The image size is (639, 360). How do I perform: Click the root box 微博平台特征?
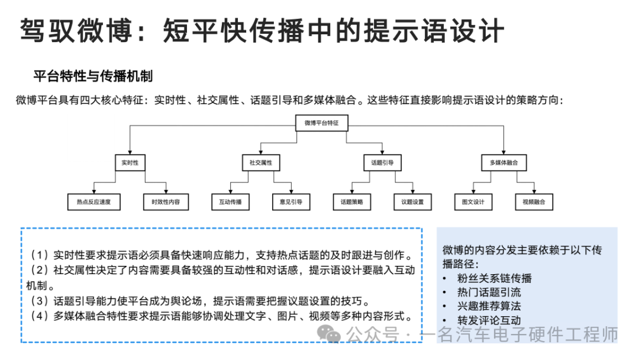321,123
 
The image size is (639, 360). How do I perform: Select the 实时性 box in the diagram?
130,163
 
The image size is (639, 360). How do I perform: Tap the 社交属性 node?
261,163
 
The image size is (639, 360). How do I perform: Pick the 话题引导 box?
382,163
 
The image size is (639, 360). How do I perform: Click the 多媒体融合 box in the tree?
504,163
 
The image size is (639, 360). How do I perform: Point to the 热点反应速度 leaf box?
93,202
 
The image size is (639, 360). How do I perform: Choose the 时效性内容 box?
166,202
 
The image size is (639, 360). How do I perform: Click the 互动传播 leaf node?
230,202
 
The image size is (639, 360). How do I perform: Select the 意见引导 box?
291,202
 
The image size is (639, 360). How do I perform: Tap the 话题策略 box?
351,202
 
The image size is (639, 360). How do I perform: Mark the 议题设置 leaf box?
412,202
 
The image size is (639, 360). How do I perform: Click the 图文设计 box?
473,202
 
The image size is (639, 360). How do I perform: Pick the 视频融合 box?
534,202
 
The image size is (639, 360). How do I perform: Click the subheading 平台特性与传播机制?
93,76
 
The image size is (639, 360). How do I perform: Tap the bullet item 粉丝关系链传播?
494,278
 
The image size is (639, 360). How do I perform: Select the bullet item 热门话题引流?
489,292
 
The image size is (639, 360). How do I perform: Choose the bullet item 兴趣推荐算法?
489,306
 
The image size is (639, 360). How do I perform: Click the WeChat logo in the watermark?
328,334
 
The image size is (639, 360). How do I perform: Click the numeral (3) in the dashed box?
38,301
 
